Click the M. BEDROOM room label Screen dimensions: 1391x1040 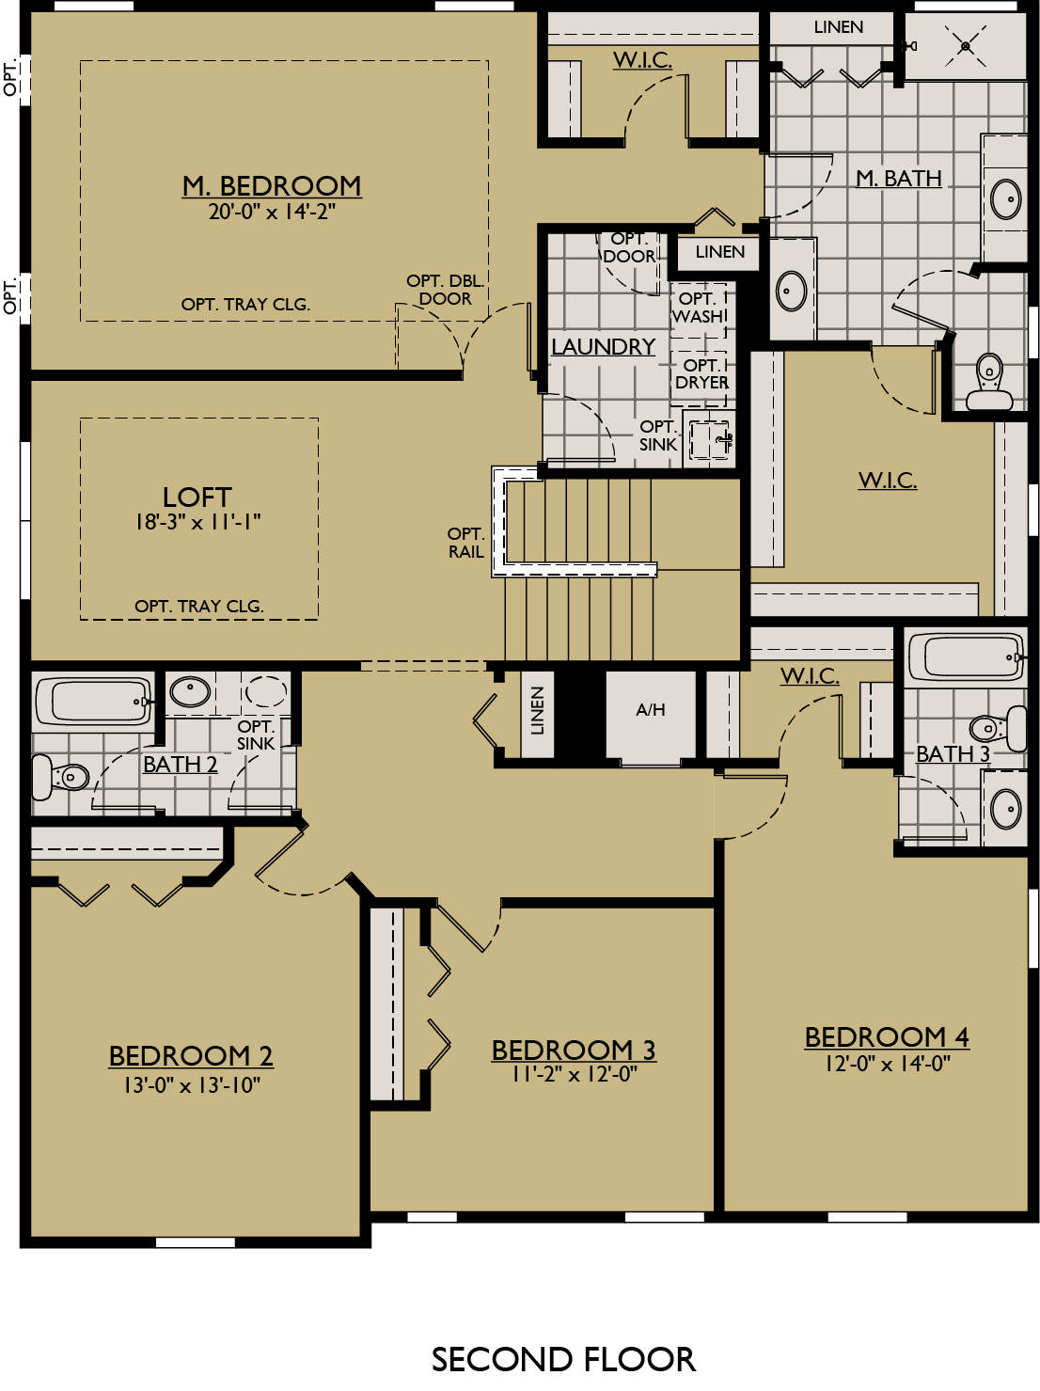[272, 185]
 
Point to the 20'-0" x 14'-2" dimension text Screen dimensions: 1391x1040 [272, 213]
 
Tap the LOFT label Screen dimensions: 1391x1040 [197, 497]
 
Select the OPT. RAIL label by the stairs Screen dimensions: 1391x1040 [465, 543]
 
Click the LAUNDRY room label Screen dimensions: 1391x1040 [603, 347]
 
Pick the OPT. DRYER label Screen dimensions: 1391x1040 [701, 373]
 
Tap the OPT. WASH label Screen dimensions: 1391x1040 [700, 308]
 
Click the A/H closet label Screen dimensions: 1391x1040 [651, 710]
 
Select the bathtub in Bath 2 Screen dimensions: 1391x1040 [92, 701]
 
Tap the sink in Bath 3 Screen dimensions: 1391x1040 [1006, 807]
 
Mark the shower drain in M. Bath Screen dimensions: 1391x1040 [967, 44]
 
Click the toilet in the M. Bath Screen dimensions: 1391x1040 [988, 382]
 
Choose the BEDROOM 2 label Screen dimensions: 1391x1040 [191, 1056]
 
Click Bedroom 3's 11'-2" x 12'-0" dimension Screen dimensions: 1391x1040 [574, 1075]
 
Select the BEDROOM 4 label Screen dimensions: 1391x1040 [887, 1036]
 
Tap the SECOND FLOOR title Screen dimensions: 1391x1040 [563, 1359]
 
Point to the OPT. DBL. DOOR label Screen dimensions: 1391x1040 [445, 290]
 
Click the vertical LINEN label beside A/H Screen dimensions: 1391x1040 [537, 711]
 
